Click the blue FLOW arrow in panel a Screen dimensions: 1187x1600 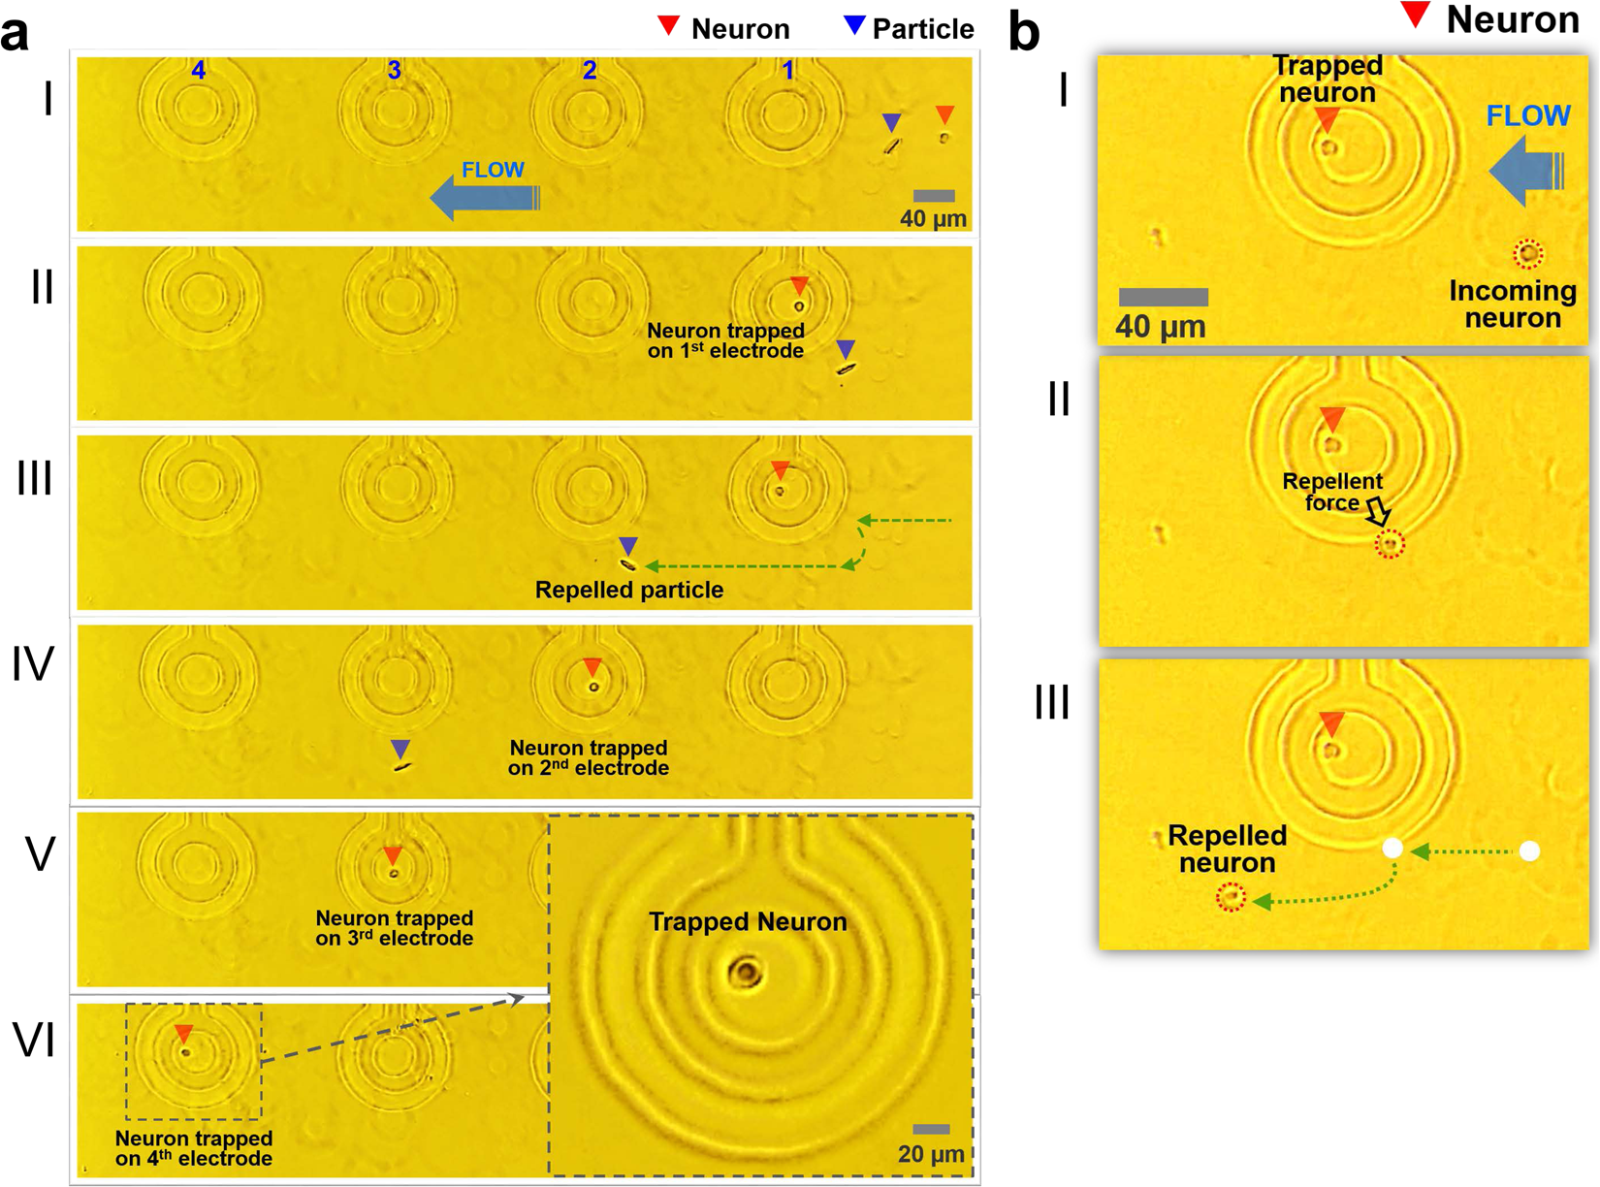482,198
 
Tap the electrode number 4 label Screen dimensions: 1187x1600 199,70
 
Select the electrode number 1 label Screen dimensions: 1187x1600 788,70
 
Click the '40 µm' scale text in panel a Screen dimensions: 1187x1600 933,219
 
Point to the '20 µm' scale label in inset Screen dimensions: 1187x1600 930,1154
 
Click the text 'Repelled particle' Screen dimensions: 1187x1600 629,590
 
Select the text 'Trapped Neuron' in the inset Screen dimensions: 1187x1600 748,921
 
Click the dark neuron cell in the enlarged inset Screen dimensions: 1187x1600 746,972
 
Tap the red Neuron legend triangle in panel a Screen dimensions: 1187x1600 668,26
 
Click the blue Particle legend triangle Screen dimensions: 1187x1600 853,26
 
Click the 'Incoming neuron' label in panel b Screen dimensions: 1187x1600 1512,304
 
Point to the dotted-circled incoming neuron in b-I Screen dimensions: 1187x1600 1528,254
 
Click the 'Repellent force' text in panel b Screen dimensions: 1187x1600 1332,492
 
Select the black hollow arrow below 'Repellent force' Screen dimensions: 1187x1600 1378,512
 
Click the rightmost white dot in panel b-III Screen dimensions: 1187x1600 1529,851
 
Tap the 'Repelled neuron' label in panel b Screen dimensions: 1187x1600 1227,849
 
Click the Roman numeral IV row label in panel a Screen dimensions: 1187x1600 33,665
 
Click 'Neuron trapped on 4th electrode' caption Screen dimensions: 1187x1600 194,1148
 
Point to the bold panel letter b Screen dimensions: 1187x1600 1024,31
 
